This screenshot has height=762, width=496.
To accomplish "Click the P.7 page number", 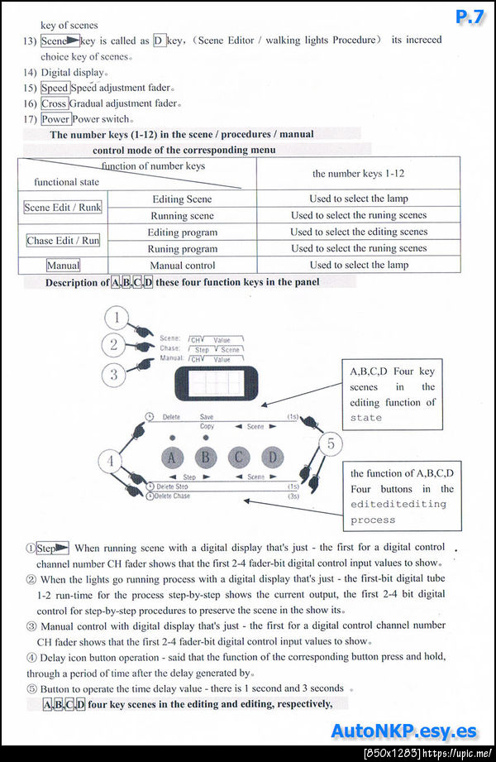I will click(x=469, y=17).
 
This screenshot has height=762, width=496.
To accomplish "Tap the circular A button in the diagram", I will click(x=171, y=457).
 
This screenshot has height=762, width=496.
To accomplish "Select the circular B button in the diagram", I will click(x=206, y=457).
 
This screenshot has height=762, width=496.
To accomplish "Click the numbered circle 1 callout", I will click(x=121, y=319).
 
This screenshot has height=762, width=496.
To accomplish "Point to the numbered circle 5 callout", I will click(x=330, y=444).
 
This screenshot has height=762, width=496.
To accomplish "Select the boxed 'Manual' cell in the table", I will click(x=63, y=266).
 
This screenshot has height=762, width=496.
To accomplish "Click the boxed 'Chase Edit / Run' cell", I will click(x=63, y=241).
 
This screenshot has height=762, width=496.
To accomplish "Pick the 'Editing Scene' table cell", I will click(x=182, y=199).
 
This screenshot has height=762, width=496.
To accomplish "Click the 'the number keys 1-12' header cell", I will click(x=358, y=174).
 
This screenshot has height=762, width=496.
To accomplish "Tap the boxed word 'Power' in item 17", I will click(x=55, y=119).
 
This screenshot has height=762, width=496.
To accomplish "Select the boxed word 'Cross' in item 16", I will click(x=54, y=103).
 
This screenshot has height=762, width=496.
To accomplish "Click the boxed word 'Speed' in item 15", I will click(x=55, y=88).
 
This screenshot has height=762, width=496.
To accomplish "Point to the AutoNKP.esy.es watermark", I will click(x=403, y=731).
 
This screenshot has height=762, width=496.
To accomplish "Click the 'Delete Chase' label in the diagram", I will click(x=172, y=496).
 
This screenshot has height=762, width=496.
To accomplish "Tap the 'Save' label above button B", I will click(x=207, y=417).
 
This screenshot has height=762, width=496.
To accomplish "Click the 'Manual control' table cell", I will click(x=182, y=266).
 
